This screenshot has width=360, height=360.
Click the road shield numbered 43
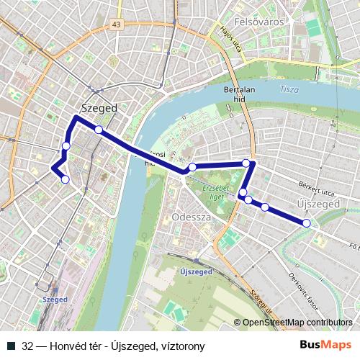coord(117,24)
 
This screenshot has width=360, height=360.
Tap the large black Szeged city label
coord(99,107)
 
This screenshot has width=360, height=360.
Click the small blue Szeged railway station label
coord(55,298)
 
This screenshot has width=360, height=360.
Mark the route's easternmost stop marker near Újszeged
coord(307,223)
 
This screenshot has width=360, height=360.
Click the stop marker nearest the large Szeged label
coord(98,130)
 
